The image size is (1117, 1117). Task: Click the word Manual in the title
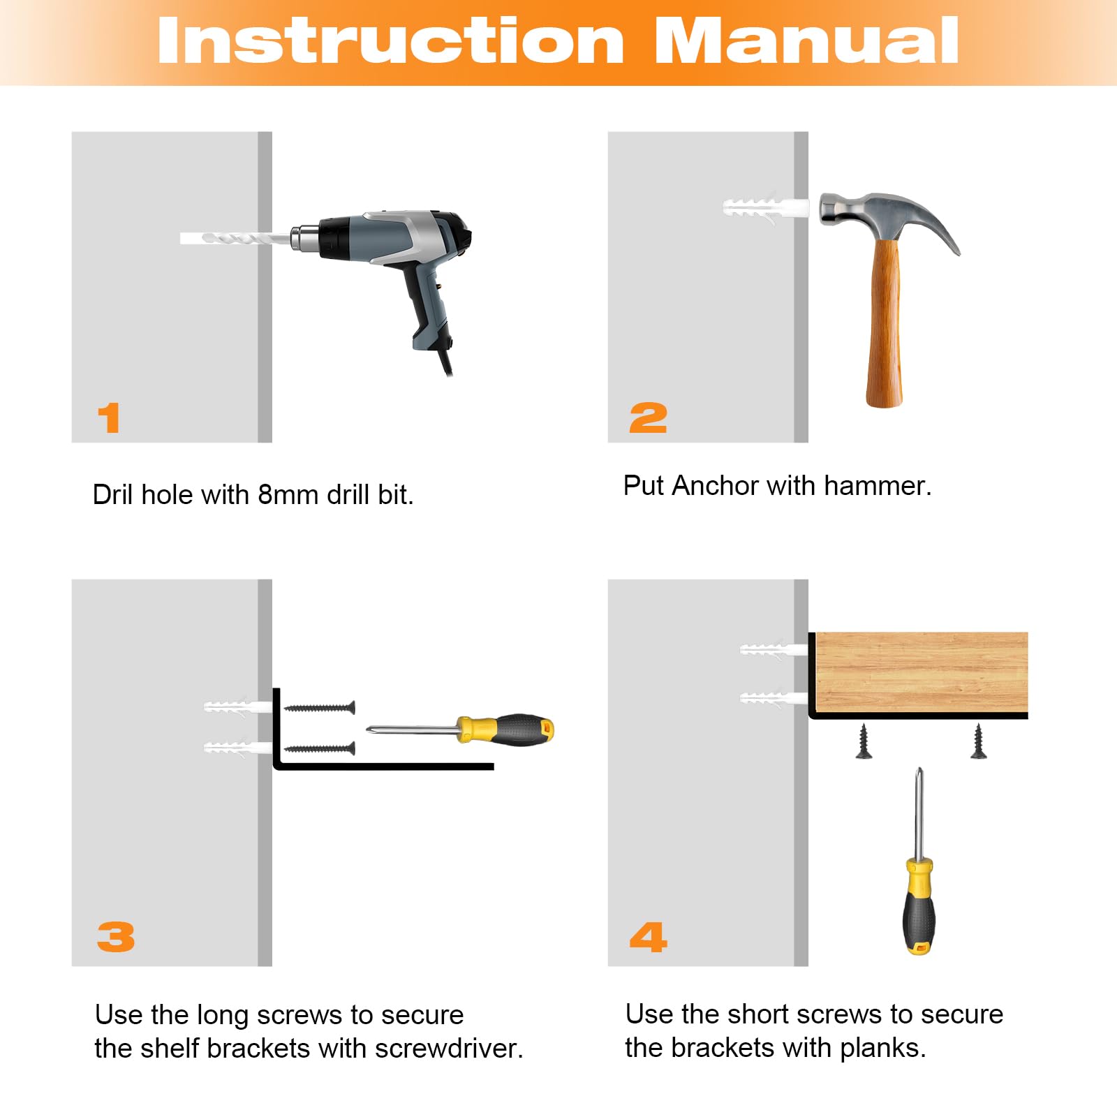[x=806, y=41]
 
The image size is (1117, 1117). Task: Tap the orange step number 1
[x=109, y=418]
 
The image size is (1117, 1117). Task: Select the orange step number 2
[x=648, y=418]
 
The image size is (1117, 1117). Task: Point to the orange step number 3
[x=116, y=936]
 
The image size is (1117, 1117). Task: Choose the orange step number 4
[x=649, y=936]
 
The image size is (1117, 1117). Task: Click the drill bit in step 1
[x=235, y=238]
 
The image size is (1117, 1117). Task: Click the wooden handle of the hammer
[x=885, y=323]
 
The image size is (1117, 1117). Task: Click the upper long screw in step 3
[x=320, y=708]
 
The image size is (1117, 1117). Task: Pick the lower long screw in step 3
[x=320, y=749]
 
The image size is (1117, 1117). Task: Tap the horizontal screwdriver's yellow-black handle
[x=505, y=730]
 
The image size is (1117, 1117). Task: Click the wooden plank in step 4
[x=922, y=672]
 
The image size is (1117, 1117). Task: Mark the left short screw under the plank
[x=864, y=741]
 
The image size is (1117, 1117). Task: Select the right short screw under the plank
[x=979, y=741]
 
